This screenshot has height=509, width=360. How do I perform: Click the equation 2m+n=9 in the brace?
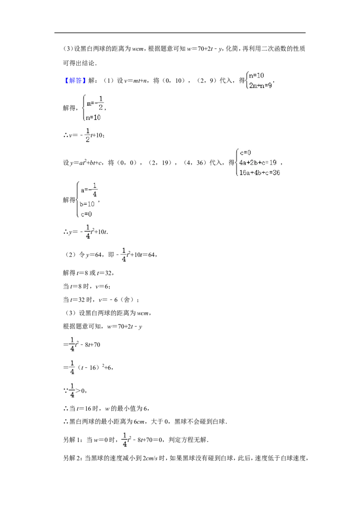260,86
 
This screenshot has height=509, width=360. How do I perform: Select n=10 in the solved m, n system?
93,117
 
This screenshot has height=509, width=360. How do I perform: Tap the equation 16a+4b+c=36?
260,173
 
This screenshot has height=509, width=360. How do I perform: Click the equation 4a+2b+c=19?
258,162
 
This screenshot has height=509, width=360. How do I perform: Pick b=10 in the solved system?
87,204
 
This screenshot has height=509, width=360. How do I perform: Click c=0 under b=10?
86,214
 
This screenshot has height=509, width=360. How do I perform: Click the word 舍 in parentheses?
127,299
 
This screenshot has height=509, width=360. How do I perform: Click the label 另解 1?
73,440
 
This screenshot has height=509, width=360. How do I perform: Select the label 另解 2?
73,458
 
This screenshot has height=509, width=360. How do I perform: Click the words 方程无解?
194,440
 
